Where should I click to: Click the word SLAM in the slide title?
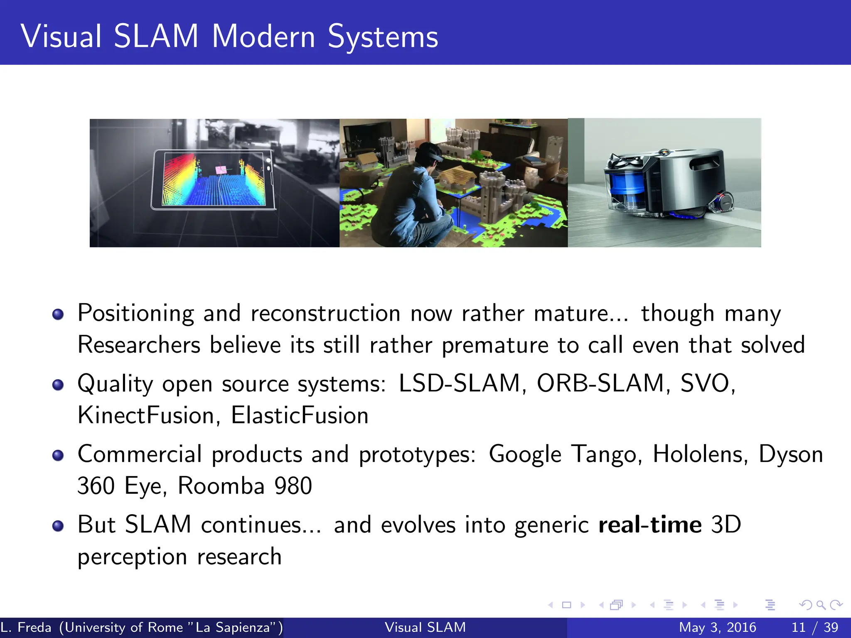point(156,37)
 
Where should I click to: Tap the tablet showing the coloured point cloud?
point(213,179)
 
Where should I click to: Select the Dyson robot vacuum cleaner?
point(665,183)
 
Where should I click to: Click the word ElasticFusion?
point(300,415)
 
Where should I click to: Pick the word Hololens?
point(697,454)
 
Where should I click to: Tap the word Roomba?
point(221,486)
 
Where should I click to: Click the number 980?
point(293,486)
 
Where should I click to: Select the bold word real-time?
point(650,525)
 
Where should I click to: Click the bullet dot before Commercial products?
point(58,456)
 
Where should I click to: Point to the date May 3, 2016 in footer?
point(717,627)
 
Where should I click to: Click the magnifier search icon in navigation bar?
point(821,605)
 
